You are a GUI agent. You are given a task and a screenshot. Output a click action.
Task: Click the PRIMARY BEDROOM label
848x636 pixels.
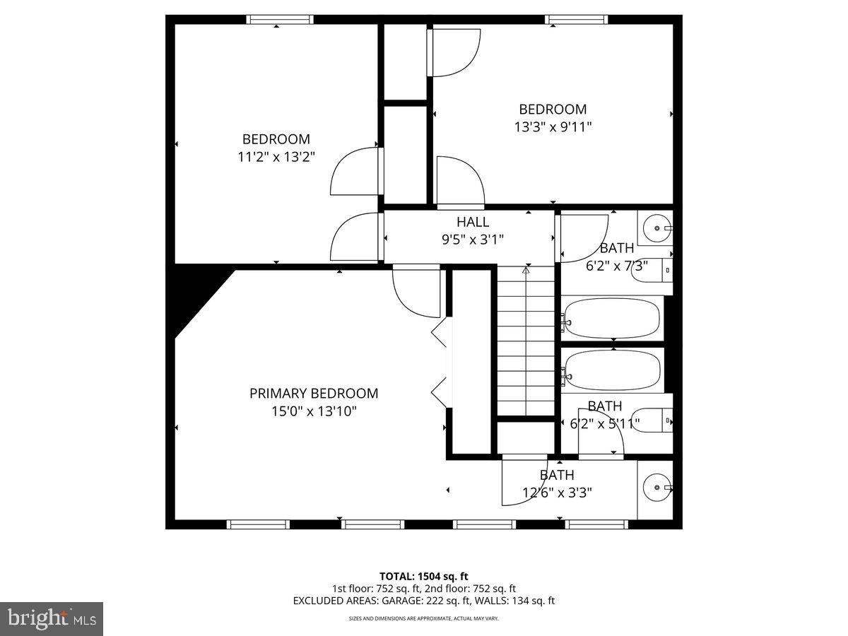(314, 394)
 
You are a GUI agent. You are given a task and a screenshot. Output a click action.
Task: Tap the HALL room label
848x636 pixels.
(472, 222)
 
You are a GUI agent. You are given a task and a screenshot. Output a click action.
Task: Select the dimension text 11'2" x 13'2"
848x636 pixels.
(276, 157)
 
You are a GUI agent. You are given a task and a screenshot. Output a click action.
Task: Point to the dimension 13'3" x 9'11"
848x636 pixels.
(553, 127)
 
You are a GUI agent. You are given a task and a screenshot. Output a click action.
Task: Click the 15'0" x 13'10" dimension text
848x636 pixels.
(314, 411)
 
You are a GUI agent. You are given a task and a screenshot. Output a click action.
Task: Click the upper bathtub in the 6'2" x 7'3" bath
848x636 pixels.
(612, 319)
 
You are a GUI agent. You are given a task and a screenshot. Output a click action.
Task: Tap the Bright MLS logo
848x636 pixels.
(52, 619)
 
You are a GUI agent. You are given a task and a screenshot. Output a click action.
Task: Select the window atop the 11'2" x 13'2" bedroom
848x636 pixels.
(279, 20)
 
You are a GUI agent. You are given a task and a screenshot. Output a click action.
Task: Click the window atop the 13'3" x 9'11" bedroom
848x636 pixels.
(577, 20)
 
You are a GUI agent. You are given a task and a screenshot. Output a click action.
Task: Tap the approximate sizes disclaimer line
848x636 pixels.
(424, 618)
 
